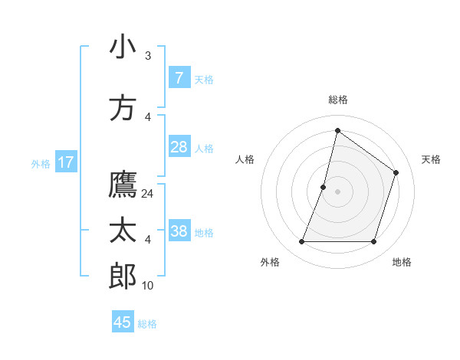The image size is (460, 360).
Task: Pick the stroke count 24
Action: (x=148, y=194)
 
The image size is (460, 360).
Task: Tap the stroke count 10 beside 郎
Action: (x=148, y=286)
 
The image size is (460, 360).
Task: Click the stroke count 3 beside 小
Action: (x=148, y=56)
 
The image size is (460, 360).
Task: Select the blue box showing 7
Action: (x=179, y=78)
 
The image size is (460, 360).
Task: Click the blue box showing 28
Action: (x=179, y=147)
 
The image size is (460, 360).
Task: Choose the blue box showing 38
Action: (x=179, y=231)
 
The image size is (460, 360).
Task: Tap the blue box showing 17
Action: (x=66, y=162)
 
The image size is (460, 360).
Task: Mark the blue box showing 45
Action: (x=123, y=322)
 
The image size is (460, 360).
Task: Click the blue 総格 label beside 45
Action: (x=147, y=324)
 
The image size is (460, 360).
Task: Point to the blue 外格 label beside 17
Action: (x=41, y=163)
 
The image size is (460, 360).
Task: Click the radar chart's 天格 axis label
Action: (x=431, y=159)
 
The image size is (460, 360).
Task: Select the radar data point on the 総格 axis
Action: (x=337, y=130)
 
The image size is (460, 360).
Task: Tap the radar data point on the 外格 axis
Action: (x=301, y=242)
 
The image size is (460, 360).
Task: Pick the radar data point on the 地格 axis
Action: (x=373, y=242)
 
